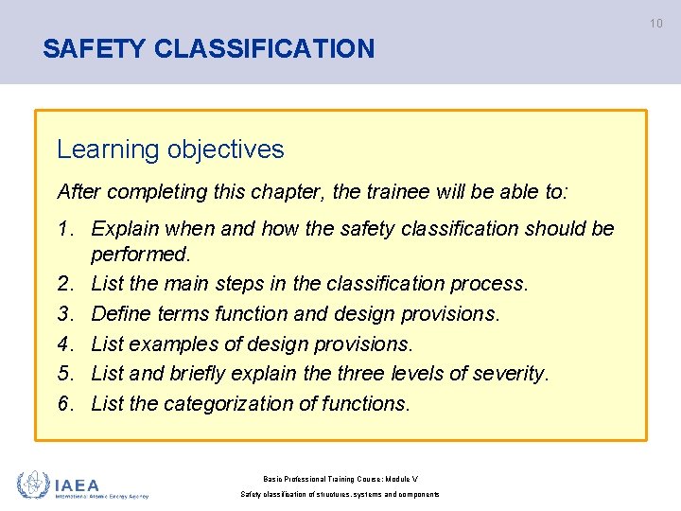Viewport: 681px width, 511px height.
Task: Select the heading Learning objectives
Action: click(170, 150)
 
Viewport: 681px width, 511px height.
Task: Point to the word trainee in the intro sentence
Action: click(402, 191)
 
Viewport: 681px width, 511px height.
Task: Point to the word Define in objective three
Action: click(121, 313)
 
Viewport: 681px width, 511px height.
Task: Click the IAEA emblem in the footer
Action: click(34, 485)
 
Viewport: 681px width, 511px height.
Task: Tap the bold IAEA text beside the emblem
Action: click(77, 484)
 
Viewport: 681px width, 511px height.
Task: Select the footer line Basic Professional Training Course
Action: click(340, 478)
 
